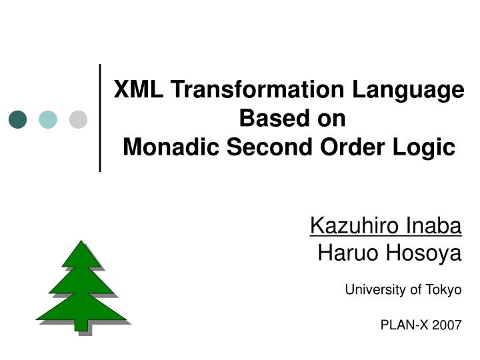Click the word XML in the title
click(x=137, y=90)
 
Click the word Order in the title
click(x=347, y=147)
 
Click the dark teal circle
click(x=18, y=119)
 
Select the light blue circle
click(x=48, y=119)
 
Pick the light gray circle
click(x=78, y=119)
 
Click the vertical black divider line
click(x=100, y=118)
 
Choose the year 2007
click(x=446, y=325)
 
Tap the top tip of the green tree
click(x=81, y=242)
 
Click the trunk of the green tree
click(x=81, y=325)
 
